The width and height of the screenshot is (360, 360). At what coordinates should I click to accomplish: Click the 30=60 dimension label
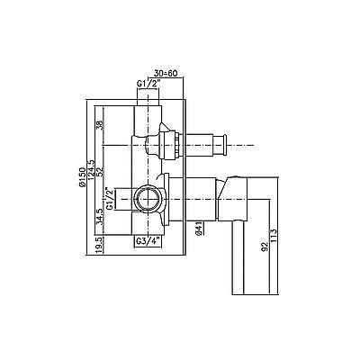pyautogui.click(x=166, y=73)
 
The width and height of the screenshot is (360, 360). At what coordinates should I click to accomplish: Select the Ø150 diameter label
pyautogui.click(x=83, y=176)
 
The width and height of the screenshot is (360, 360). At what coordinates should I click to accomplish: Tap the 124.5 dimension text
pyautogui.click(x=91, y=171)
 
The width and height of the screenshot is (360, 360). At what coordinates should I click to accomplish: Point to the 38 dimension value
pyautogui.click(x=100, y=124)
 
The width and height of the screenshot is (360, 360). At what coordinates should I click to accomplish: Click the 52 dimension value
pyautogui.click(x=100, y=171)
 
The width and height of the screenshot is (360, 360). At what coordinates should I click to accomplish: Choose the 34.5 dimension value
pyautogui.click(x=100, y=217)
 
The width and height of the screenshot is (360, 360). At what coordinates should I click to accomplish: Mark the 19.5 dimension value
pyautogui.click(x=100, y=246)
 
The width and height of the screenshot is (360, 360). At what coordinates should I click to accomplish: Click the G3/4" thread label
pyautogui.click(x=148, y=240)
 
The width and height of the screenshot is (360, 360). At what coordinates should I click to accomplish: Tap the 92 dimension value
pyautogui.click(x=264, y=246)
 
